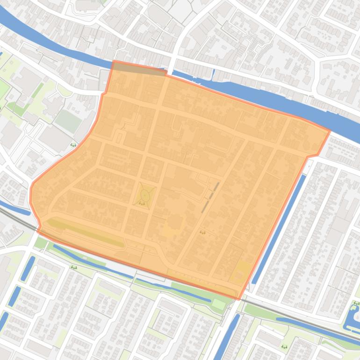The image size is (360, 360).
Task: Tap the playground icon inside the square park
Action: (141, 203)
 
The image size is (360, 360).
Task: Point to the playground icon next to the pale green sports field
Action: (73, 145)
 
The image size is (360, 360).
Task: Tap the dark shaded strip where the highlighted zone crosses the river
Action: (140, 69)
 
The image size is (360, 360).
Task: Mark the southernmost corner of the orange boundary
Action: (239, 299)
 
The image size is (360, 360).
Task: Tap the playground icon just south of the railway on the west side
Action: (74, 267)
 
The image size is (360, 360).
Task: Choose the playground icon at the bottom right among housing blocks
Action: (284, 347)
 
